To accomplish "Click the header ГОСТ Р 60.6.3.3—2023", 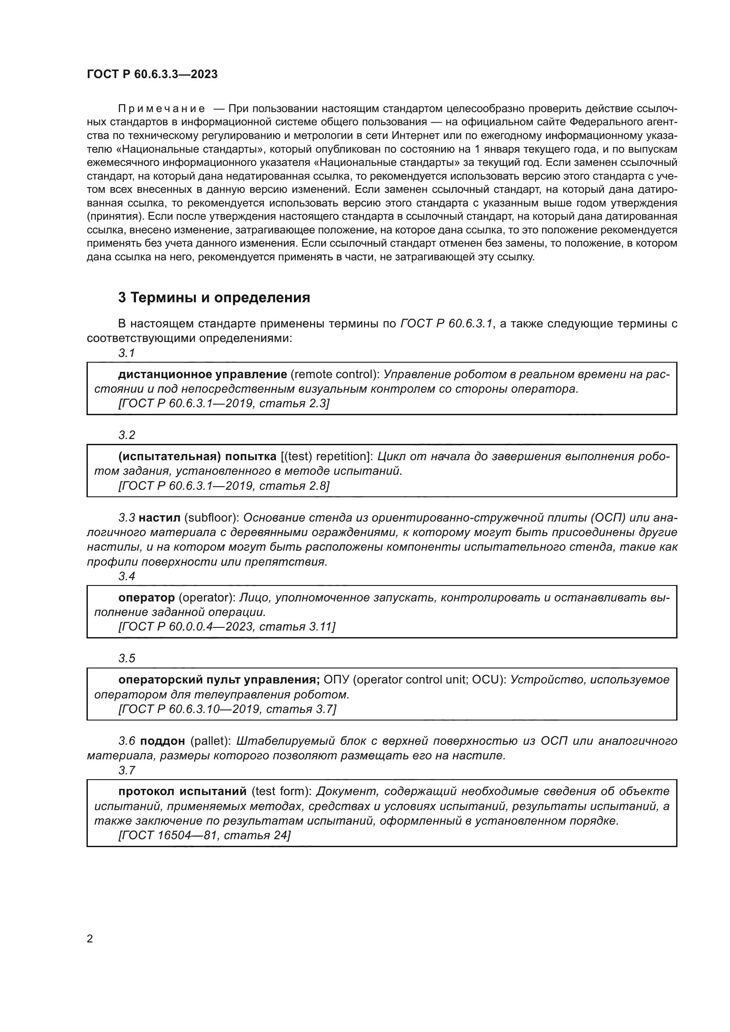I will pos(152,74).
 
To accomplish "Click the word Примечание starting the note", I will pos(162,109).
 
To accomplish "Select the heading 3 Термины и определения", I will pos(214,297).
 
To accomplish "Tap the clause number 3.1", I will pos(127,353).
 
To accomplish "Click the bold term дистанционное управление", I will pos(202,375).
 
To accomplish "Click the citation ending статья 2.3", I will pos(224,404).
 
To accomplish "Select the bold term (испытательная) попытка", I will pos(197,457).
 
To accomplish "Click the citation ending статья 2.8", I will pos(224,486).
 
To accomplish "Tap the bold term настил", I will pos(159,518).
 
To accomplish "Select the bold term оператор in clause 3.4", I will pos(147,598).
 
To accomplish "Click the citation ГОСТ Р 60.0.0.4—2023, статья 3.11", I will pos(226,627).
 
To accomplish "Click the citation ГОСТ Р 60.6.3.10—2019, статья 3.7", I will pos(227,709).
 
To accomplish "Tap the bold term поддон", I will pos(162,741).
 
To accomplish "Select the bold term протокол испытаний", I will pos(183,791).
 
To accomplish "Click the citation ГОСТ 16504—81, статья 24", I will pos(204,835).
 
